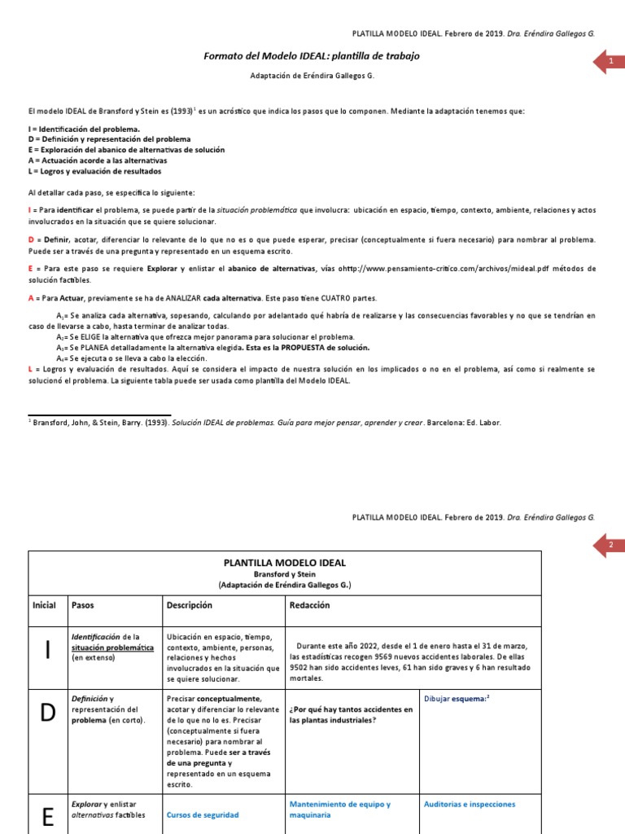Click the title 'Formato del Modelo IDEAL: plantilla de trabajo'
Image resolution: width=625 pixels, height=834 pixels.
pos(312,55)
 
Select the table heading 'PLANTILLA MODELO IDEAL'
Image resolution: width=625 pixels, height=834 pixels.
pos(285,563)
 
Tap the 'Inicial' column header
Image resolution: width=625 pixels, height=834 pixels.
pos(44,605)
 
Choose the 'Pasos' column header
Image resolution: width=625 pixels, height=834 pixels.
pos(83,605)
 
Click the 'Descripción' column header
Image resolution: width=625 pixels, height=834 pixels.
pos(189,605)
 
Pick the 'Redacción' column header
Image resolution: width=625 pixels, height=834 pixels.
pos(309,605)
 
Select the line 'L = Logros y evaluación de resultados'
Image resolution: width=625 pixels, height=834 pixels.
pos(94,171)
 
